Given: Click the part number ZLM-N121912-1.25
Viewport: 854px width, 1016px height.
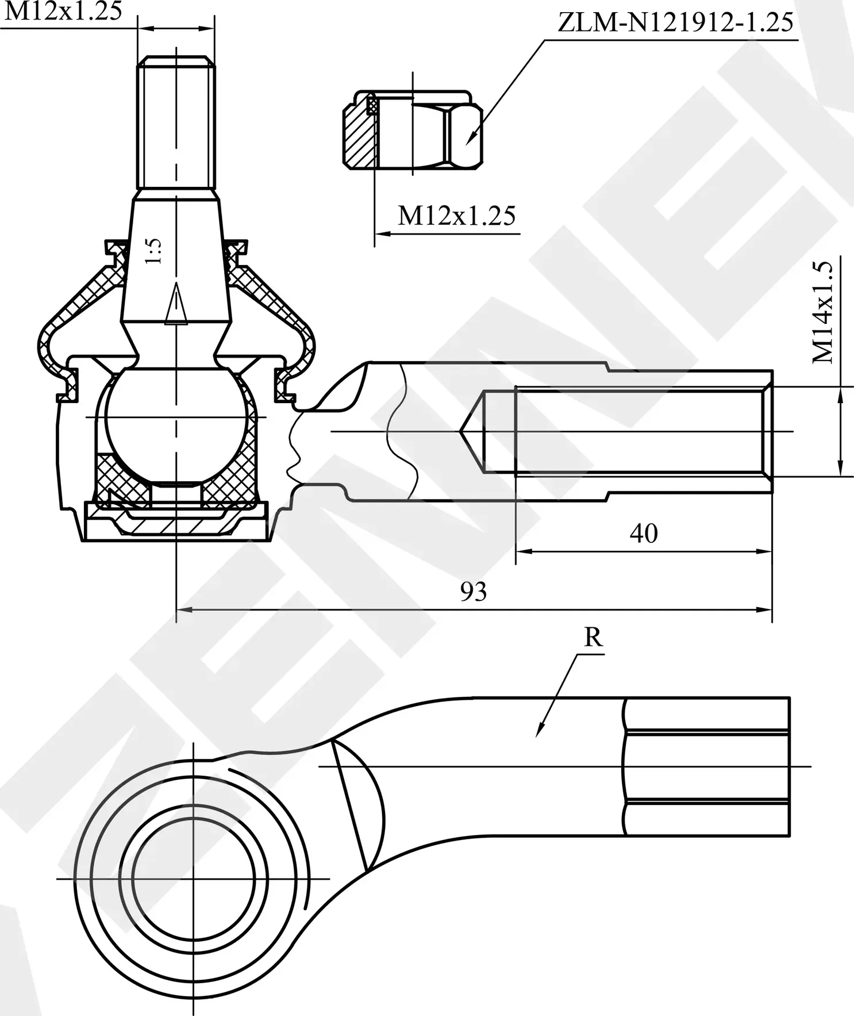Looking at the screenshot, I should (675, 23).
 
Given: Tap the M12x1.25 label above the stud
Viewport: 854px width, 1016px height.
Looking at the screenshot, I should (63, 11).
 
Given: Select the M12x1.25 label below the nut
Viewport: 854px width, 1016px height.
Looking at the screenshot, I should (457, 216).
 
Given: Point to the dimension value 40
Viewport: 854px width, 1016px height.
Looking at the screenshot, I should (643, 534).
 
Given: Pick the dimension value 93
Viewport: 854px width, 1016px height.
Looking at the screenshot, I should (474, 591).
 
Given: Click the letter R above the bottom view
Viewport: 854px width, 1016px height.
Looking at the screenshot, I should (593, 638).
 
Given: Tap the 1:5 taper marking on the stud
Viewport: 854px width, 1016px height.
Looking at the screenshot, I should (154, 251).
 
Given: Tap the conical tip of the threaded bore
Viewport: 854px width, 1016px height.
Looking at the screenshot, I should (471, 431).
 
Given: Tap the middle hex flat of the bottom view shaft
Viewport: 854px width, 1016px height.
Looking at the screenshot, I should (707, 766).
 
